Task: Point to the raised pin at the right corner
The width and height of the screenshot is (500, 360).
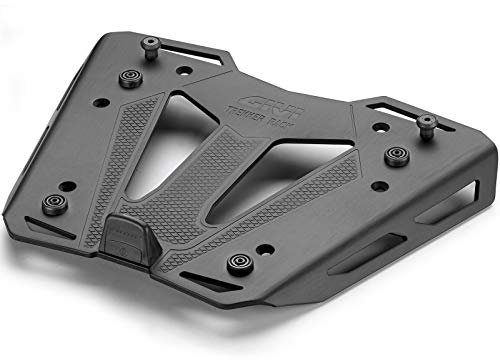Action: [x=427, y=121]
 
